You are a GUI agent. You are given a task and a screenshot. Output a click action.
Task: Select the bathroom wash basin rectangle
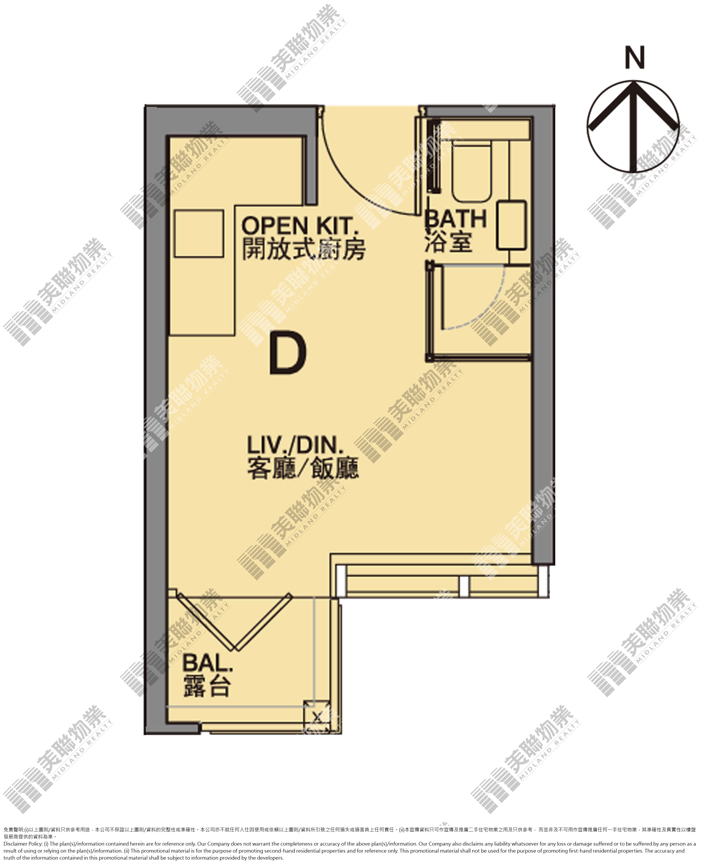click(x=511, y=225)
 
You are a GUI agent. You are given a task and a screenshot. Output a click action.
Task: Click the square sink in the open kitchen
click(x=199, y=233)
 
